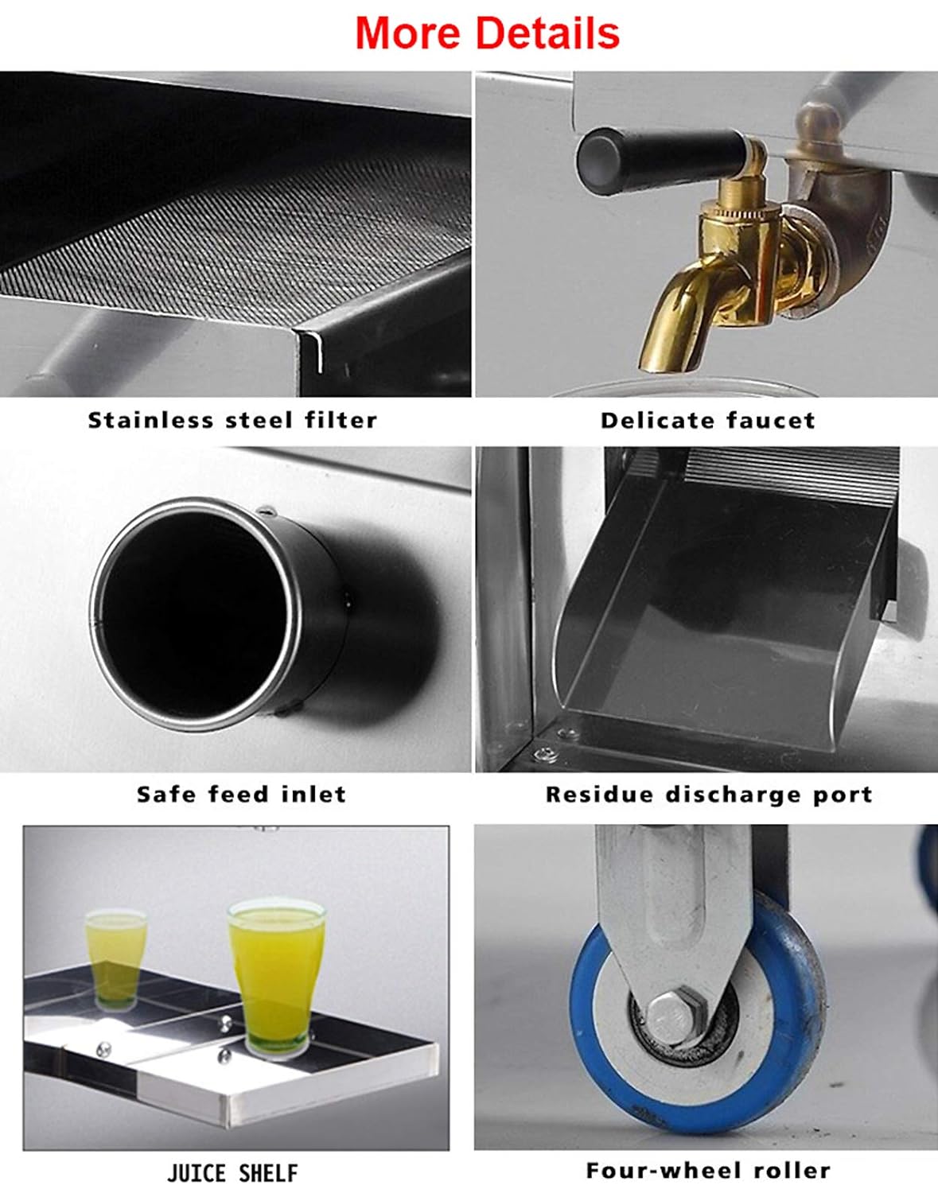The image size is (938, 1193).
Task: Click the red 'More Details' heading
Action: (488, 33)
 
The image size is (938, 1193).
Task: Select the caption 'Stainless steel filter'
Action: (232, 421)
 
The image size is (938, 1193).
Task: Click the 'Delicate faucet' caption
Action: (708, 421)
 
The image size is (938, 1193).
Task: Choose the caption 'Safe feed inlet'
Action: (241, 794)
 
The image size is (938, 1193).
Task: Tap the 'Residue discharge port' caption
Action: (709, 795)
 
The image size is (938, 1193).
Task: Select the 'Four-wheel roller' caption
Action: (708, 1171)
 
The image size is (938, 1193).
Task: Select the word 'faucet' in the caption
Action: (771, 421)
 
